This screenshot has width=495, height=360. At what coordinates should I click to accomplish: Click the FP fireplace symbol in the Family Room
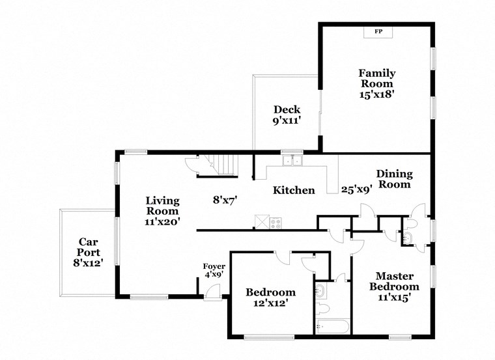click(377, 32)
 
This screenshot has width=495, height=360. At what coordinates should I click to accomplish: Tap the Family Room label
click(377, 79)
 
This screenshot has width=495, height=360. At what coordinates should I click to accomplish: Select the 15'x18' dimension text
click(377, 94)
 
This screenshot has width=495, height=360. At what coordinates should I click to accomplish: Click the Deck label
click(287, 109)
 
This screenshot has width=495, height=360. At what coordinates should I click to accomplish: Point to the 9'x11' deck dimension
click(287, 120)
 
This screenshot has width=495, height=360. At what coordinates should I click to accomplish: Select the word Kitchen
click(294, 191)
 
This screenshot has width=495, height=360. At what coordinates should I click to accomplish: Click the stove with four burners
click(276, 222)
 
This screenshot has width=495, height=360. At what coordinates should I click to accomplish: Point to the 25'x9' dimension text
click(356, 190)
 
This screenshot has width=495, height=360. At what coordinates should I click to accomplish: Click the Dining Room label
click(394, 179)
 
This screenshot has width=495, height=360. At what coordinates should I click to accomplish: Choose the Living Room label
click(162, 206)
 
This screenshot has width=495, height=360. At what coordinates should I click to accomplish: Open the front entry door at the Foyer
click(211, 292)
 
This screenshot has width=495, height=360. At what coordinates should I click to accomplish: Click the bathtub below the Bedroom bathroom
click(332, 325)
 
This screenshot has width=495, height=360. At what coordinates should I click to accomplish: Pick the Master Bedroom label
click(394, 281)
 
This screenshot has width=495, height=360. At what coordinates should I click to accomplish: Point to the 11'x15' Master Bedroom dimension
click(394, 298)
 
